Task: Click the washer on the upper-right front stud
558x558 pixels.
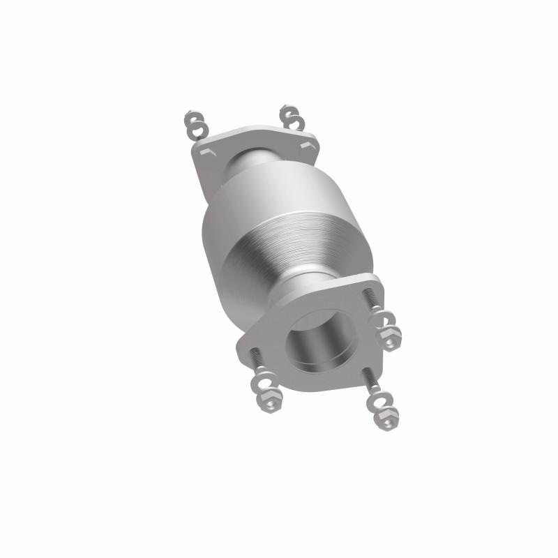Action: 382,319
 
